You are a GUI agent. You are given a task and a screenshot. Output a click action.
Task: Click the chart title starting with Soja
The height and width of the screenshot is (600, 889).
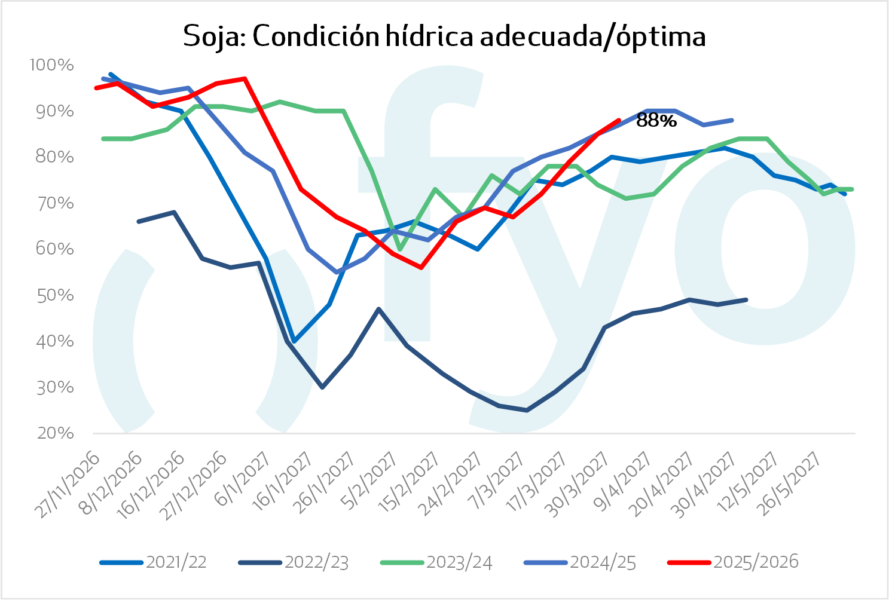click(444, 36)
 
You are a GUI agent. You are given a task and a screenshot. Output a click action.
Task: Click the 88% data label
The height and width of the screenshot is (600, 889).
click(656, 121)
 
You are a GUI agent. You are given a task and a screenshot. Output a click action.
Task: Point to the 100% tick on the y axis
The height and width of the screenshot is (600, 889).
click(53, 65)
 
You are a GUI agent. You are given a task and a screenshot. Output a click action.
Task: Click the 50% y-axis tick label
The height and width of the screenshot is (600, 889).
click(55, 296)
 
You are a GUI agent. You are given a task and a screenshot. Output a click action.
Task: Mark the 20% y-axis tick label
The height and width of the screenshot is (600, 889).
click(55, 433)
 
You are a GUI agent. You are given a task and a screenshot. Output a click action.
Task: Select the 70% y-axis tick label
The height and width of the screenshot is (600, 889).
click(55, 204)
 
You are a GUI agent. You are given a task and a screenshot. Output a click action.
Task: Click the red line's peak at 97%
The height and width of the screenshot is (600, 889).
click(245, 78)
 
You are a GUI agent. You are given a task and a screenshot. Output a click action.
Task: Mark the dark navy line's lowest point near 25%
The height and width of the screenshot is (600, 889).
click(527, 410)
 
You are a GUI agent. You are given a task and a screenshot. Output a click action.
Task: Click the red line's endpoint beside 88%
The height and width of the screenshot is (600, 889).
click(619, 120)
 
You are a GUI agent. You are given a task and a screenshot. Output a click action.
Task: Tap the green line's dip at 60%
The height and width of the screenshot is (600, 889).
click(399, 250)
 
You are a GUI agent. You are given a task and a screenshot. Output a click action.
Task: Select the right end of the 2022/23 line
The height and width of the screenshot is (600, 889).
click(747, 299)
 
